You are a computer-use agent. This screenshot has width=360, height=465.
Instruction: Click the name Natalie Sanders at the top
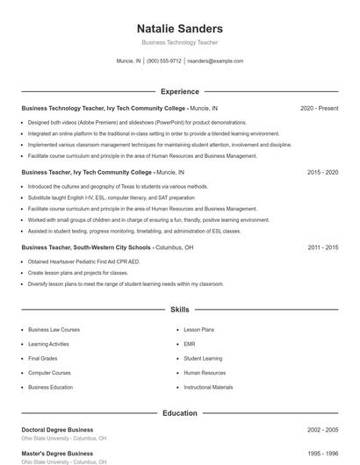(180, 29)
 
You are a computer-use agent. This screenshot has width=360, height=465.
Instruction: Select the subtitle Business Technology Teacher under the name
(180, 42)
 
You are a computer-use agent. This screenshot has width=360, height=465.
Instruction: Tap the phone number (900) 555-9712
(164, 61)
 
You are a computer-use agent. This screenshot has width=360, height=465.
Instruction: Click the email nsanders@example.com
(216, 61)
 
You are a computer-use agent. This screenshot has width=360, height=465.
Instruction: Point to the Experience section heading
(180, 91)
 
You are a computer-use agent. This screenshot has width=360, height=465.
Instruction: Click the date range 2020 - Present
(319, 108)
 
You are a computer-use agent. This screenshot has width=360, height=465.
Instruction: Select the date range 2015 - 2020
(322, 173)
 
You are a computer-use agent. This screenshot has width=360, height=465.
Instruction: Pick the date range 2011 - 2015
(322, 247)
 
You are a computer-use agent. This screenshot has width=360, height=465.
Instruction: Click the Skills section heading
(180, 310)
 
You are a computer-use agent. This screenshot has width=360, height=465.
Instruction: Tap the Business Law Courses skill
(54, 330)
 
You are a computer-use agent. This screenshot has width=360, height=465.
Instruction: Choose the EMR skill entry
(190, 344)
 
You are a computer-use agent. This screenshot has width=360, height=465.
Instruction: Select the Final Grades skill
(43, 358)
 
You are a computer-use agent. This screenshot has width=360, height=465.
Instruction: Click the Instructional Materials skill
(208, 387)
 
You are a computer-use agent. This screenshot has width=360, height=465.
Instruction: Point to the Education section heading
(180, 412)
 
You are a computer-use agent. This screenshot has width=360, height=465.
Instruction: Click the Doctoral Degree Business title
(57, 430)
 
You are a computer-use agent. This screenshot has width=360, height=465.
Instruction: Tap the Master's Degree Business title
(57, 454)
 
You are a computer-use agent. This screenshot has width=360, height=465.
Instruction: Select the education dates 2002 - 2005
(322, 430)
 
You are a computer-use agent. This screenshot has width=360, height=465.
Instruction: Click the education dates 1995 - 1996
(322, 454)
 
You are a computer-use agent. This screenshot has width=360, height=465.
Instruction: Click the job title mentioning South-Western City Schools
(107, 247)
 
